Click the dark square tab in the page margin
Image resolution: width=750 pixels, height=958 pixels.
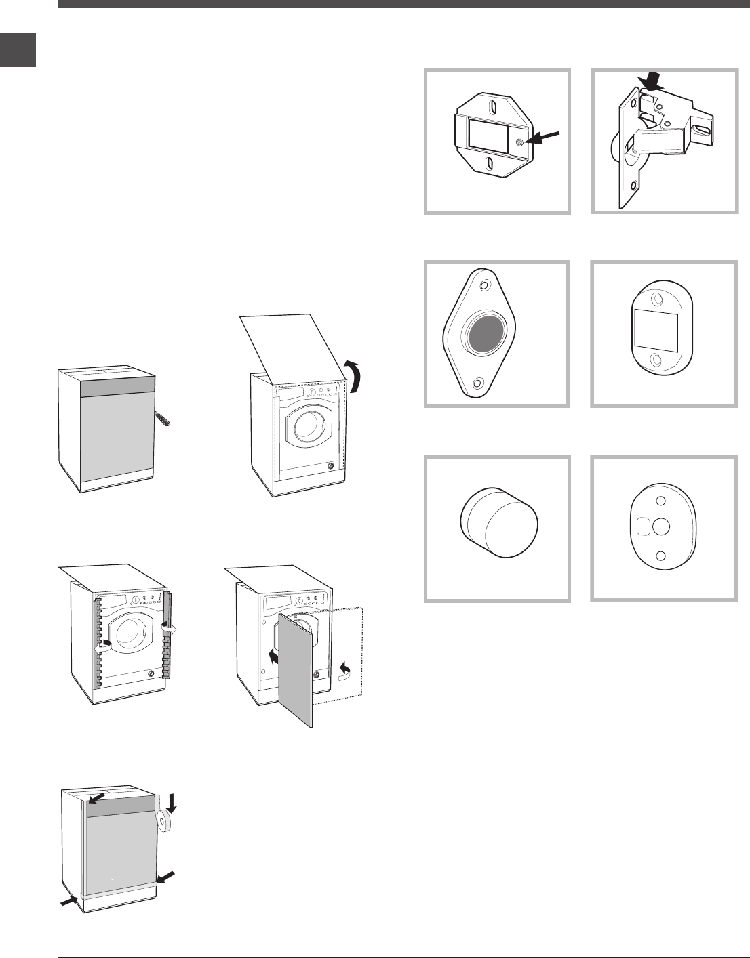click(x=18, y=50)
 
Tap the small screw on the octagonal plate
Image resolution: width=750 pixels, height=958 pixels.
click(x=519, y=142)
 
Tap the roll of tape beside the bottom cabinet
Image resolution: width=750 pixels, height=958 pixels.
click(x=164, y=822)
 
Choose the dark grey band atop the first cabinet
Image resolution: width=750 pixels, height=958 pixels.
click(x=119, y=388)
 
